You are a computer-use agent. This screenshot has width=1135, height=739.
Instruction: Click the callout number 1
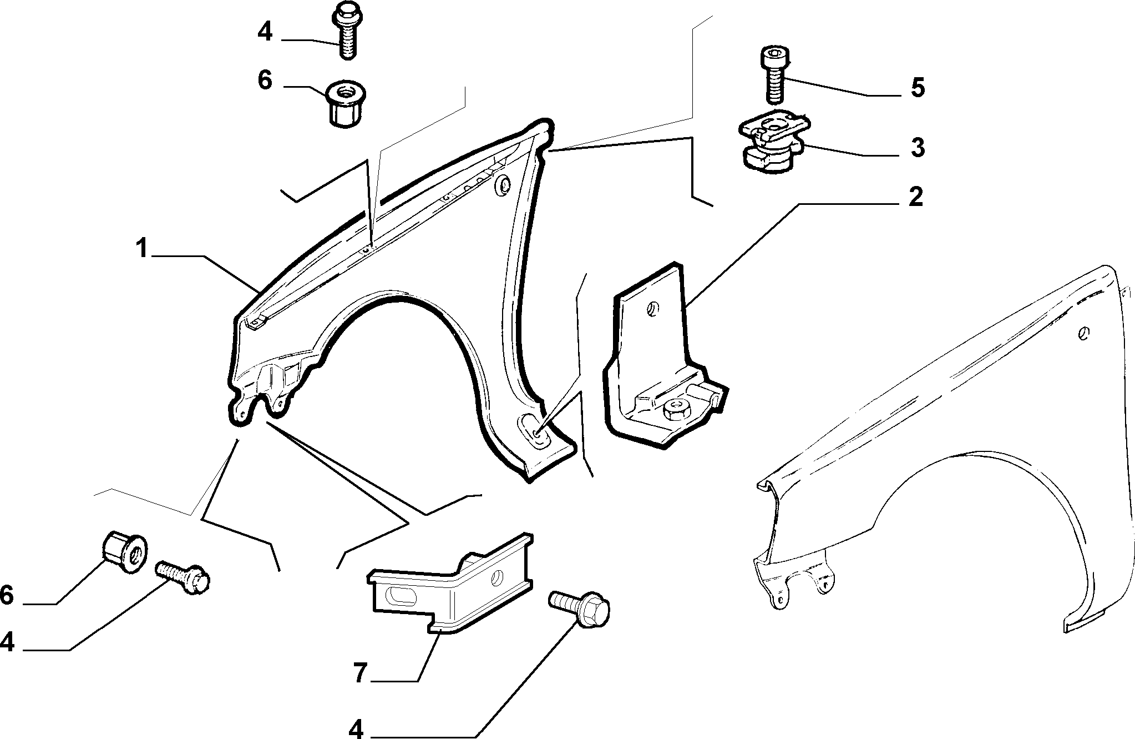pos(143,248)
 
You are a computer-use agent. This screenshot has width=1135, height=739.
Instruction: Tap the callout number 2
pos(915,197)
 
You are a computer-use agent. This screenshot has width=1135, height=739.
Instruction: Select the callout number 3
pos(918,148)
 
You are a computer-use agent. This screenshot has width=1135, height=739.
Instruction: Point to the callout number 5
pos(918,88)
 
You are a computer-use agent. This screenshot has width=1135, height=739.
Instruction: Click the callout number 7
pos(361,673)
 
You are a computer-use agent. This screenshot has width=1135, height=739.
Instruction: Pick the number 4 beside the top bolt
pos(265,32)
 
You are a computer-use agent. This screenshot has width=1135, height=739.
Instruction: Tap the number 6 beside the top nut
pos(265,80)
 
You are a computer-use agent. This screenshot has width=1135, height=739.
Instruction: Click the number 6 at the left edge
pos(7,595)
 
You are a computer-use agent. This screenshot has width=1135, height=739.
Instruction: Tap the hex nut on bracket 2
pos(676,410)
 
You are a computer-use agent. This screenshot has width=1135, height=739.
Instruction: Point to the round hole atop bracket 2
pos(653,309)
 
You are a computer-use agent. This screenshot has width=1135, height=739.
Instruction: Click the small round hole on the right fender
pos(1083,333)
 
